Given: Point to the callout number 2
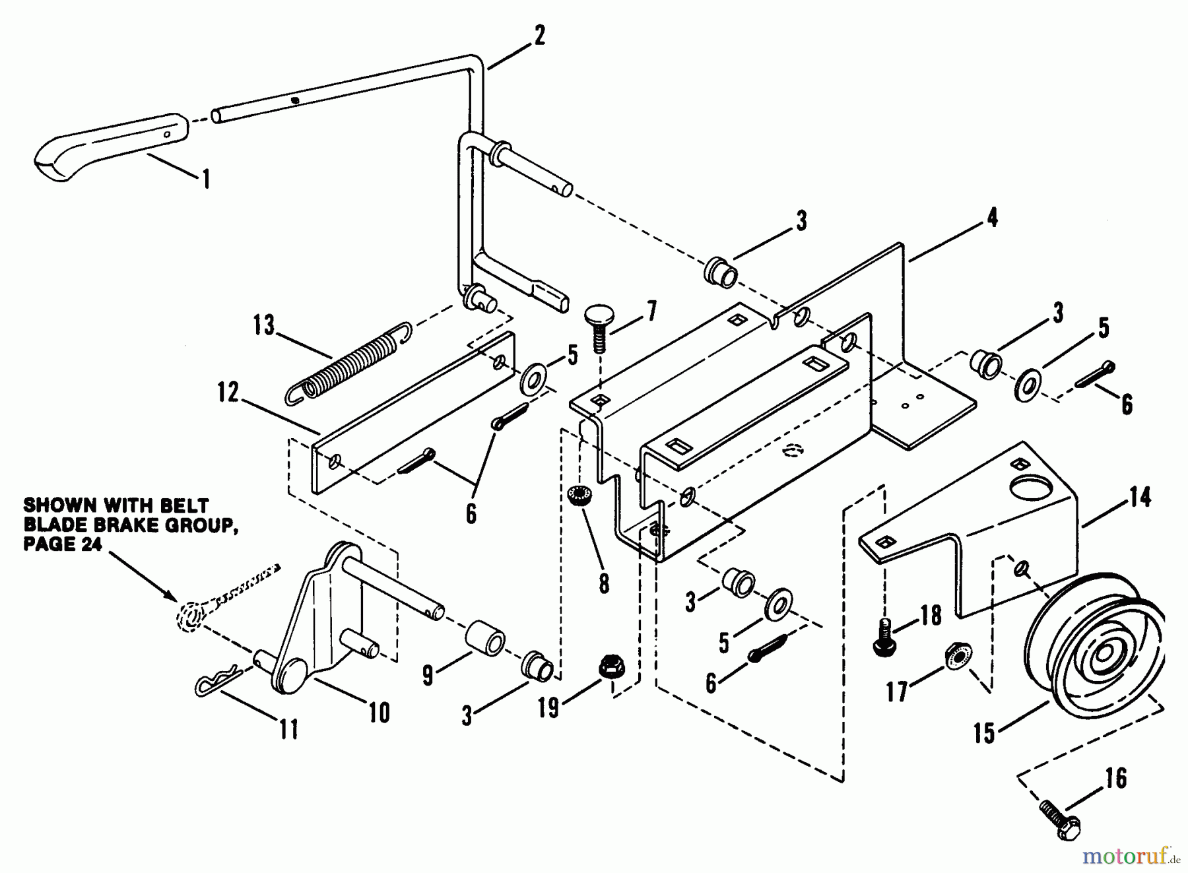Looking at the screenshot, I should coord(539,36).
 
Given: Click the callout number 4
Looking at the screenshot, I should coord(991,218).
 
